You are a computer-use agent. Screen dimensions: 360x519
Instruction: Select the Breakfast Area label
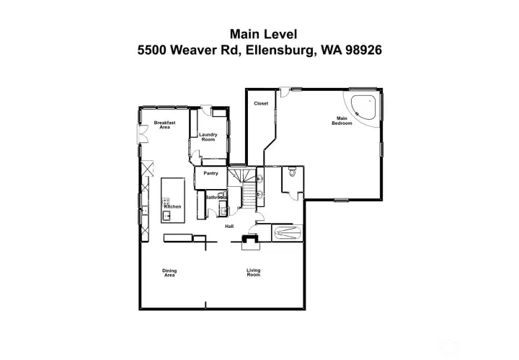[164, 125]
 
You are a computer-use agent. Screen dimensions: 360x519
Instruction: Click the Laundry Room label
[208, 136]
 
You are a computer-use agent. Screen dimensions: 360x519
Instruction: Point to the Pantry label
[210, 173]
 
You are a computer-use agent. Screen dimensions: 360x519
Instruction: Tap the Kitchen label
[172, 207]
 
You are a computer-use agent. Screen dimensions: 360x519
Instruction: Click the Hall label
[229, 227]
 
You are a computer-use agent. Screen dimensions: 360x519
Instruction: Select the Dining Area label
[169, 273]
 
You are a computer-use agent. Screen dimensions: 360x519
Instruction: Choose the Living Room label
[253, 273]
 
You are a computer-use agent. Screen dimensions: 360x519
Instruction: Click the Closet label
[261, 103]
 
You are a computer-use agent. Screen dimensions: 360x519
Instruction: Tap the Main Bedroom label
[342, 120]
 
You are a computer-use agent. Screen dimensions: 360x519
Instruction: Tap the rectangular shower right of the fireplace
[288, 233]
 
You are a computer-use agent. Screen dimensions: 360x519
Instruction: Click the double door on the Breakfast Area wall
[141, 137]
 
